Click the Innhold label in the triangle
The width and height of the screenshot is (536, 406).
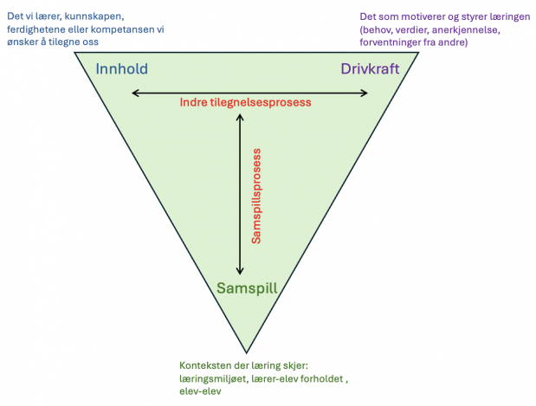[122, 68]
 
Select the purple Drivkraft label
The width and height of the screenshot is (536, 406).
[370, 68]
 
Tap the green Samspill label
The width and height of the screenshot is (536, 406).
[247, 288]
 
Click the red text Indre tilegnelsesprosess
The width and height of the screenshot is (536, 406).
[245, 102]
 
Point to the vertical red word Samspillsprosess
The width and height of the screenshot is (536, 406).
[256, 197]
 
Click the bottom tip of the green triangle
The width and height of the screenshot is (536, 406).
[247, 352]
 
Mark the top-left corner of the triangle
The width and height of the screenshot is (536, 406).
[74, 52]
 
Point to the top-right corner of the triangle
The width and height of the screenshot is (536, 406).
[418, 52]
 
